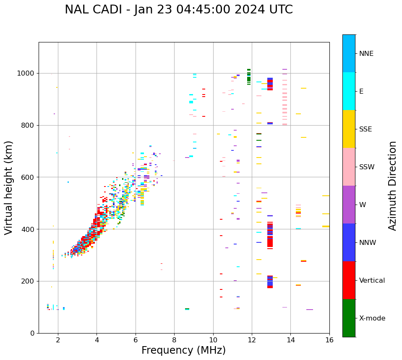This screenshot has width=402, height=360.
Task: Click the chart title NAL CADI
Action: coord(179,10)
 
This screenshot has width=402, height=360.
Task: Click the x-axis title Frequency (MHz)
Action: coord(183,350)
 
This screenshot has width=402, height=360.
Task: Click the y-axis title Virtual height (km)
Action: coord(9,187)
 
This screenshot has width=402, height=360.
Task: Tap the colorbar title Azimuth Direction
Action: coord(392,185)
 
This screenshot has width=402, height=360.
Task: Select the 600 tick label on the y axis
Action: coord(28,177)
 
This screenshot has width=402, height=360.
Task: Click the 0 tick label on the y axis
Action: coord(32,333)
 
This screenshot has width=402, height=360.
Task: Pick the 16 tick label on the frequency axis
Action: coord(329,339)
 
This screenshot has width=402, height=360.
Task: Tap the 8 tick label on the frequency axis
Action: coord(174,339)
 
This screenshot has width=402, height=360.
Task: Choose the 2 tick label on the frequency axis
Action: coord(58,339)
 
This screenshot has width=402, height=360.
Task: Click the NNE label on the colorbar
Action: coord(366,54)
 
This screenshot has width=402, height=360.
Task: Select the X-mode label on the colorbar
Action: coord(372,318)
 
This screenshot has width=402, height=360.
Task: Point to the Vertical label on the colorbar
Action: coord(372,281)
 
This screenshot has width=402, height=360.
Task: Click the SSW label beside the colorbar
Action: coord(366,167)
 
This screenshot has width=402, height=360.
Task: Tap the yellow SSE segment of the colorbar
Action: coord(349,129)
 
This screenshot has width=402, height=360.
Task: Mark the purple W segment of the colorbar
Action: coord(349,205)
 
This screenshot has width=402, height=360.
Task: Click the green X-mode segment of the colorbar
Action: coord(349,318)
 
